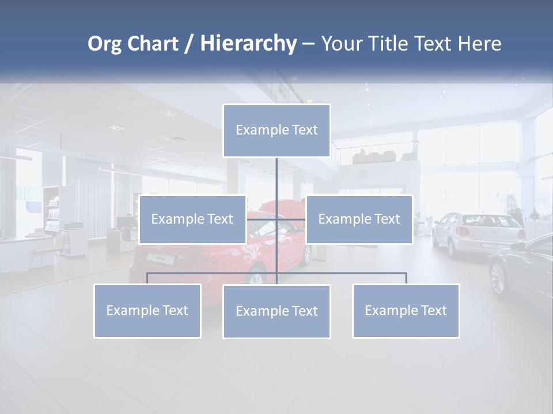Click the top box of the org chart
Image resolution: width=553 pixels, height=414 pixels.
[x=276, y=131]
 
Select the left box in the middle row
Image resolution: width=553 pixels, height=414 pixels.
[x=192, y=220]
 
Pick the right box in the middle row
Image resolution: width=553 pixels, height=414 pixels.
[x=359, y=220]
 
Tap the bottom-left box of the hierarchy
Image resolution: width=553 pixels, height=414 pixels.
[x=147, y=311]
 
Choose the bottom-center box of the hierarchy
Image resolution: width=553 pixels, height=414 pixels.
[x=276, y=312]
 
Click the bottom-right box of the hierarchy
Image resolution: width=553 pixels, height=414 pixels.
[x=406, y=311]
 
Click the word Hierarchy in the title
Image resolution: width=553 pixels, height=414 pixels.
[x=248, y=44]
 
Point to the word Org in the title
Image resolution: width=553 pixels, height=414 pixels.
[x=104, y=44]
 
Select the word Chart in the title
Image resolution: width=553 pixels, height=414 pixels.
[x=152, y=44]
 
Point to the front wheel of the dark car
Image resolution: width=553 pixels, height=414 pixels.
[x=497, y=278]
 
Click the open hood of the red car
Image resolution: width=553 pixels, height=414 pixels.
[x=288, y=206]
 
